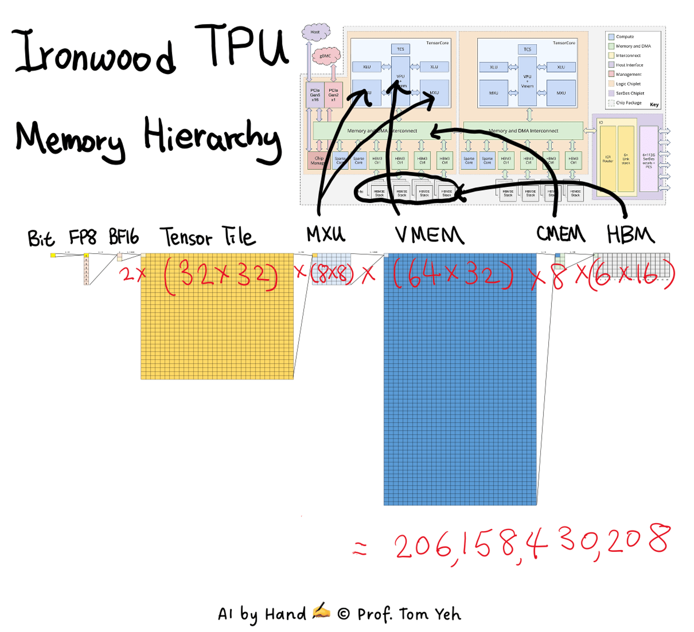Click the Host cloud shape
(315, 32)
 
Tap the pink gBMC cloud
(326, 56)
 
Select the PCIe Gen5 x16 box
(315, 95)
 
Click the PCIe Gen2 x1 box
(333, 95)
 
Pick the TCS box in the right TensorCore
(527, 49)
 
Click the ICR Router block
(608, 159)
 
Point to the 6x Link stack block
(626, 159)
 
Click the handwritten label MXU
(326, 235)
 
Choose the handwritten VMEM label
(429, 235)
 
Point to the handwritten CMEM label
(560, 234)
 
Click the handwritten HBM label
(630, 235)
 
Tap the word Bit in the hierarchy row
(41, 238)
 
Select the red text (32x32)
(221, 277)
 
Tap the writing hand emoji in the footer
(321, 612)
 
